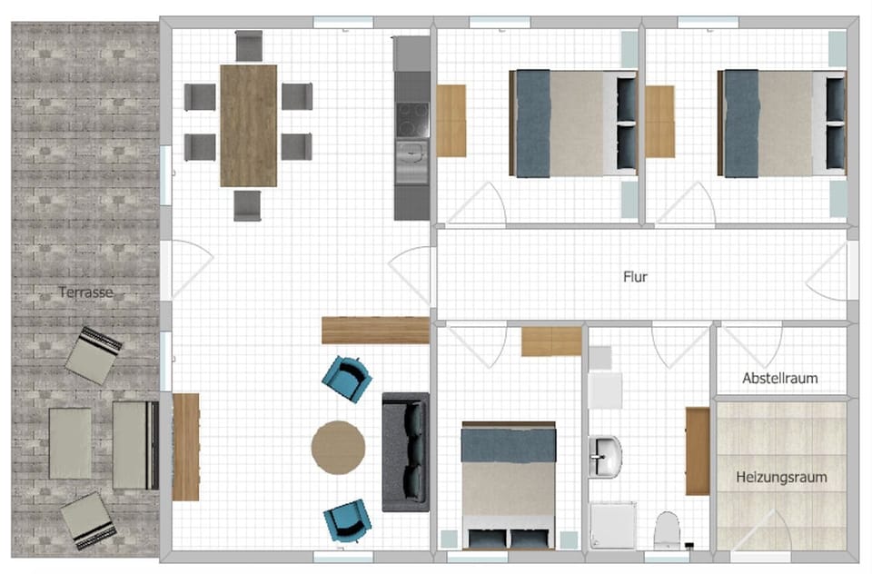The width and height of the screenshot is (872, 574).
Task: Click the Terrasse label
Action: pos(86,292)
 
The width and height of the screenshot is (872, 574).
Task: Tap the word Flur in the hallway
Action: pos(635,277)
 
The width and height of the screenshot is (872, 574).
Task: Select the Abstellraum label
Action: pos(779,378)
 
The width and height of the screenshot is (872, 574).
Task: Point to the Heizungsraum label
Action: pos(781,476)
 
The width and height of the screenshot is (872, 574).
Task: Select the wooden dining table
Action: pos(248,124)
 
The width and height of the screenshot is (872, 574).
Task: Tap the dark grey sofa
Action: pos(405,451)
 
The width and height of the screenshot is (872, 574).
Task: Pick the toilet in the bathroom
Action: pos(667,529)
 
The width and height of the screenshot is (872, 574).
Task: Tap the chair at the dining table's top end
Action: pos(248,45)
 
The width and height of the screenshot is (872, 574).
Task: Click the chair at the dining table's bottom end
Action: pos(247,204)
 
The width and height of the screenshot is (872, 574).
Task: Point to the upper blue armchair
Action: pos(348,377)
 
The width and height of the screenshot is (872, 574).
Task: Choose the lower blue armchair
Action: pos(347,520)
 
